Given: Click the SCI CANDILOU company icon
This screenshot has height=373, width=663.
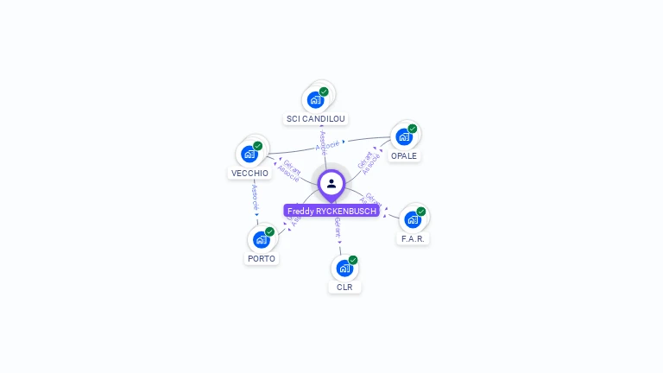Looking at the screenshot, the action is click(315, 99).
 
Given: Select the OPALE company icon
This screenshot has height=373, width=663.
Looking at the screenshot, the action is click(403, 136).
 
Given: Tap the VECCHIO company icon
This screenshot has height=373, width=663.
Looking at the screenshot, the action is click(249, 154).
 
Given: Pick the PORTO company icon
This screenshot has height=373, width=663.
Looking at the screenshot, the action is click(261, 239).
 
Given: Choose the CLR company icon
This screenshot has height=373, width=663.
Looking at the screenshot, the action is click(344, 268).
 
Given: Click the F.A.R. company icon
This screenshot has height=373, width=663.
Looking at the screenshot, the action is click(412, 219).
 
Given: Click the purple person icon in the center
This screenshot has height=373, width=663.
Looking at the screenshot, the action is click(331, 183).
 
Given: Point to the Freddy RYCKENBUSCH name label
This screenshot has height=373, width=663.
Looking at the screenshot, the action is click(331, 211).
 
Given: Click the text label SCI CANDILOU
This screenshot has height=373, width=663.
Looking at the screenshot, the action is click(316, 118).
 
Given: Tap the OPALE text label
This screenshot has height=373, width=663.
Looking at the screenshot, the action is click(404, 156).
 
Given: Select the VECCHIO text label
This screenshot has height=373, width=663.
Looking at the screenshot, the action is click(249, 173).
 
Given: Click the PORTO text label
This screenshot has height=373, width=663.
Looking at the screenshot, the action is click(261, 258).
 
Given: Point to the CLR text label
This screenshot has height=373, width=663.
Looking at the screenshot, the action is click(344, 287).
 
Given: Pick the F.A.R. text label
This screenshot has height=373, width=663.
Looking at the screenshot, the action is click(413, 238).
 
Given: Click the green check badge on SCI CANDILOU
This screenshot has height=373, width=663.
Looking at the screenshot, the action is click(324, 92).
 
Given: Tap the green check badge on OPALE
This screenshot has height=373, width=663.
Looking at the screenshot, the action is click(413, 129).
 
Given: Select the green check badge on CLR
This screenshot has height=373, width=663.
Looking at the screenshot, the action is click(353, 260).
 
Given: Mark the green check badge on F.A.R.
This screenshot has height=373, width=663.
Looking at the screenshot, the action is click(421, 212).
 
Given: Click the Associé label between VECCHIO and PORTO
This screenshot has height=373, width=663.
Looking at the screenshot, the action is click(255, 198).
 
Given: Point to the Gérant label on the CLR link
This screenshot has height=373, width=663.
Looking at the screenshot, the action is click(338, 228).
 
